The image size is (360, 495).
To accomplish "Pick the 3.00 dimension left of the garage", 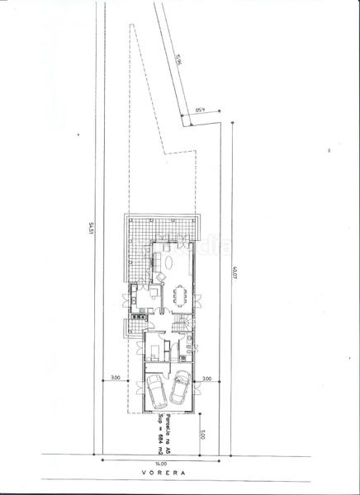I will point(116,377).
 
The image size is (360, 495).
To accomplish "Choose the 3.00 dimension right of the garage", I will point(206,377).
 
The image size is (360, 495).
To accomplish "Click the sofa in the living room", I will point(157,261).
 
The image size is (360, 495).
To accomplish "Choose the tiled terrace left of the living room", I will point(136,247).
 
